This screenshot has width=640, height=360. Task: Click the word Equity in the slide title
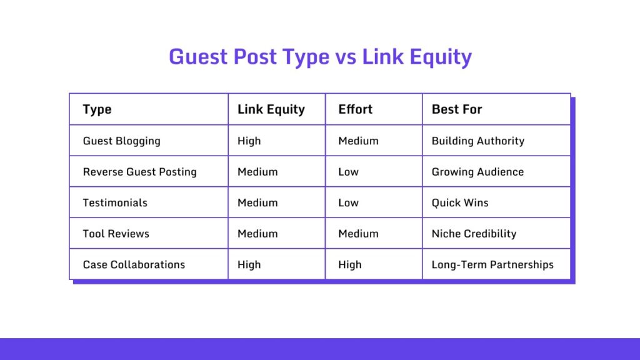click(x=440, y=57)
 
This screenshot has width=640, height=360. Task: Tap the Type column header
click(x=97, y=109)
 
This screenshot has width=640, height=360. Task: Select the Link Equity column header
click(x=271, y=109)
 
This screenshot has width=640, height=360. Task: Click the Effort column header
click(x=355, y=109)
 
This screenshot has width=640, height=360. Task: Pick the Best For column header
click(x=456, y=109)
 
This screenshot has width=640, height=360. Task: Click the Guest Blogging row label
click(x=121, y=141)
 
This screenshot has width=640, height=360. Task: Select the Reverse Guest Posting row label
click(x=139, y=172)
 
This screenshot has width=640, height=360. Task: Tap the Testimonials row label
click(x=115, y=202)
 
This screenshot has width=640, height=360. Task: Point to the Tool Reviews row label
click(x=116, y=234)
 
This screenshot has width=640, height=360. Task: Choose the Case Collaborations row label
click(x=134, y=264)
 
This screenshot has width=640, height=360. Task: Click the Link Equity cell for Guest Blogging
click(x=249, y=141)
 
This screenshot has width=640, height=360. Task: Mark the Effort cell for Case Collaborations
click(x=350, y=264)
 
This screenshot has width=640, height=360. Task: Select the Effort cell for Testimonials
click(x=348, y=202)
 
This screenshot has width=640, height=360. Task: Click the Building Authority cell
click(x=477, y=141)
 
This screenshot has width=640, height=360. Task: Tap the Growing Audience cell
click(x=477, y=172)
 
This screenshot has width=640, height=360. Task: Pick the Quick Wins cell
click(x=460, y=202)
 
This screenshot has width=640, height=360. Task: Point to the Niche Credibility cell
click(x=474, y=234)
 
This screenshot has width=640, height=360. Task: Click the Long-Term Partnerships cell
click(x=492, y=264)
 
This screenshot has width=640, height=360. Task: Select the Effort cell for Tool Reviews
click(x=358, y=234)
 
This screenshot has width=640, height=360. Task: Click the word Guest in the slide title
click(x=197, y=57)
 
